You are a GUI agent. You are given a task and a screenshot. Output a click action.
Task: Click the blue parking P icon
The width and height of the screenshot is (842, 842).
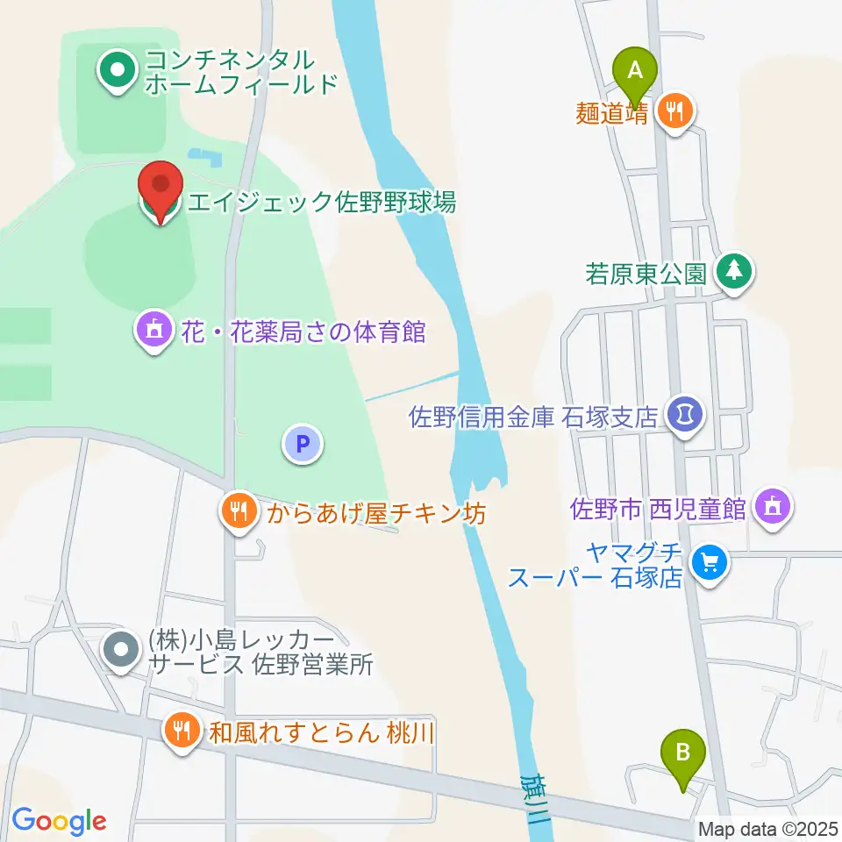pos(303,444)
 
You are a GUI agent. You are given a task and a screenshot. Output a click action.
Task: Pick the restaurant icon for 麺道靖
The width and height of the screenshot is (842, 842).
pos(675,111)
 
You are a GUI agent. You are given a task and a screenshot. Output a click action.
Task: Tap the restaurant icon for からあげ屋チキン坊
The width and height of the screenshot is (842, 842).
pos(238,510)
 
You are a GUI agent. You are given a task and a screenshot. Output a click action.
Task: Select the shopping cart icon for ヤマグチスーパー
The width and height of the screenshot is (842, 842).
pos(709,561)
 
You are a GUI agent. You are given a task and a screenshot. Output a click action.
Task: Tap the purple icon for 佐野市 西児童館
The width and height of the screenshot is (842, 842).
pos(772,505)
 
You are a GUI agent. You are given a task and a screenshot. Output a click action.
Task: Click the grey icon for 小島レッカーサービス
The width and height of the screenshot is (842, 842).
pos(121,651)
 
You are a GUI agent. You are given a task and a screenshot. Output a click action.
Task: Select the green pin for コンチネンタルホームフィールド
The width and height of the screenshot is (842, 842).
pos(116,69)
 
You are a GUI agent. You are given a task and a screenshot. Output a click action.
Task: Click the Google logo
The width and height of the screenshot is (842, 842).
pos(59,820)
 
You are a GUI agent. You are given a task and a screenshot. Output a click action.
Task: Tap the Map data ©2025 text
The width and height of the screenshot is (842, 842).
pos(767,828)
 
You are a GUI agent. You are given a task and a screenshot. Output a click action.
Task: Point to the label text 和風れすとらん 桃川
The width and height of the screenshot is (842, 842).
pos(321,731)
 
